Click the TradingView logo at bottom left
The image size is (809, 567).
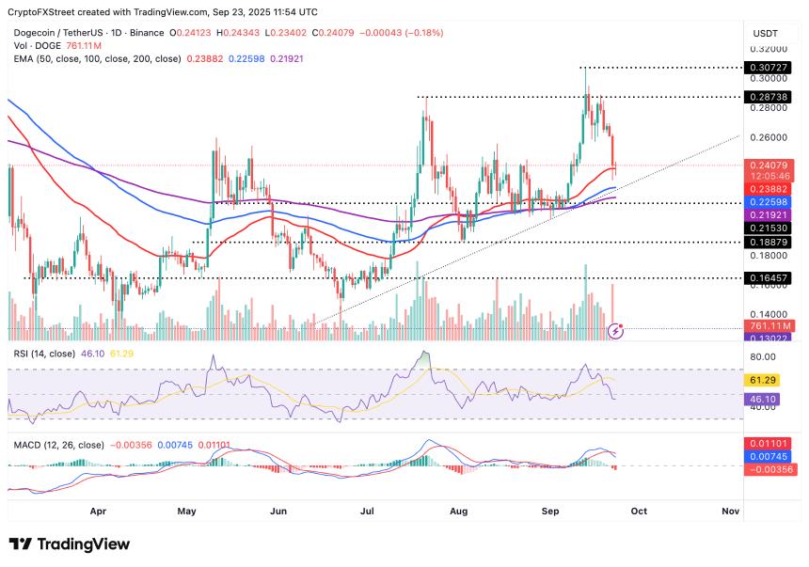click(x=69, y=544)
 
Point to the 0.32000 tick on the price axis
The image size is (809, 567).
click(x=769, y=49)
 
